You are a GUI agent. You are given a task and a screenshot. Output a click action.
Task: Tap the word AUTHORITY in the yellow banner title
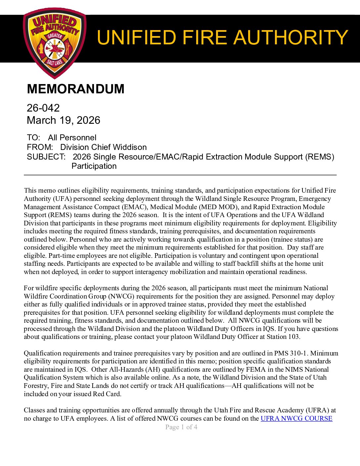[x=291, y=37]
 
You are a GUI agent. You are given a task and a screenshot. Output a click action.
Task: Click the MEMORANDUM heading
[x=75, y=89]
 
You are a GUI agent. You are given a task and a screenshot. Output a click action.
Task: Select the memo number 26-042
[x=43, y=108]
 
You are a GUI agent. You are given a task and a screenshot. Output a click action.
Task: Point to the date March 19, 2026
[x=63, y=120]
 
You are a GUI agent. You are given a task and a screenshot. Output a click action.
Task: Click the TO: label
[x=33, y=138]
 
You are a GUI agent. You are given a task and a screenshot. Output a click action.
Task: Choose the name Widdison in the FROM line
[x=130, y=147]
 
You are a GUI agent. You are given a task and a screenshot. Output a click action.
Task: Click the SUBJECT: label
[x=46, y=157]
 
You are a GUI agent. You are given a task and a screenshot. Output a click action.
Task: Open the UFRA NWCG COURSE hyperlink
[x=296, y=419]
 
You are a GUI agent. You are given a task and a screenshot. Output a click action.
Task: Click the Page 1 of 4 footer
[x=181, y=427]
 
